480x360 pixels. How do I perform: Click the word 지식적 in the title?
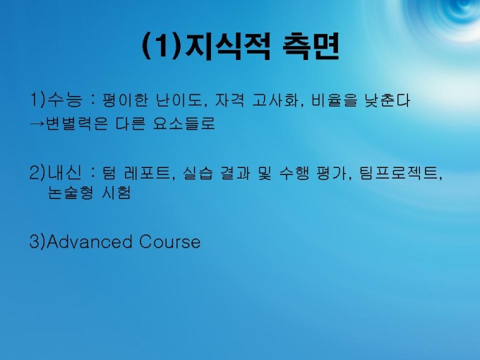[x=227, y=47]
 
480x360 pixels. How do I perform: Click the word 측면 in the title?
[x=311, y=47]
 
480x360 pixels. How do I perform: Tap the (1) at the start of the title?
[x=162, y=47]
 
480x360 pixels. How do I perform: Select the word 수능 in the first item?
[x=65, y=100]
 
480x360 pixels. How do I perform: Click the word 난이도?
[x=179, y=100]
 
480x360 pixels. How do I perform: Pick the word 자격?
[x=229, y=100]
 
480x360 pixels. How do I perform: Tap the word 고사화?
[x=275, y=100]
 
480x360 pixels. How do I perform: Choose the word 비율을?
[x=335, y=100]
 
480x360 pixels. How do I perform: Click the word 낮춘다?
[x=388, y=100]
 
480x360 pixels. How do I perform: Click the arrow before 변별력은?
[x=37, y=124]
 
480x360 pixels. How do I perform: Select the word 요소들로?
[x=184, y=124]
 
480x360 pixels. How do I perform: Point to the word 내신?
[x=65, y=172]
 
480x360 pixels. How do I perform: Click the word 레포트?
[x=147, y=173]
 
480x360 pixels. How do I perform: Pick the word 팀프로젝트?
[x=399, y=173]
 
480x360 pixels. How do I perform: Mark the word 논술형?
[x=71, y=193]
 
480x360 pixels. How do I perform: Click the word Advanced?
[x=90, y=241]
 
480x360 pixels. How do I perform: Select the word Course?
[x=170, y=242]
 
